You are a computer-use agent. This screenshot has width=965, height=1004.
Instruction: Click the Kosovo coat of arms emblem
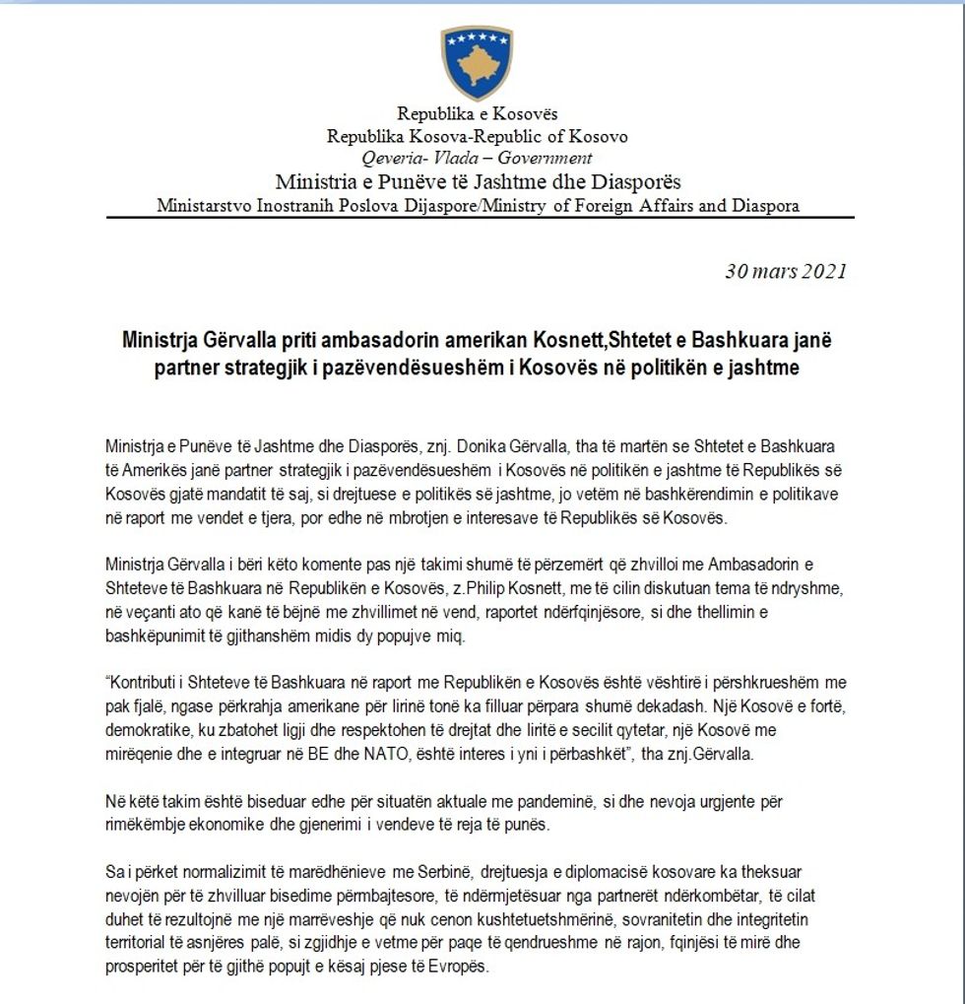pyautogui.click(x=478, y=62)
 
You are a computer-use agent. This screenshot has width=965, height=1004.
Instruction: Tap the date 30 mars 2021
pyautogui.click(x=785, y=273)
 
